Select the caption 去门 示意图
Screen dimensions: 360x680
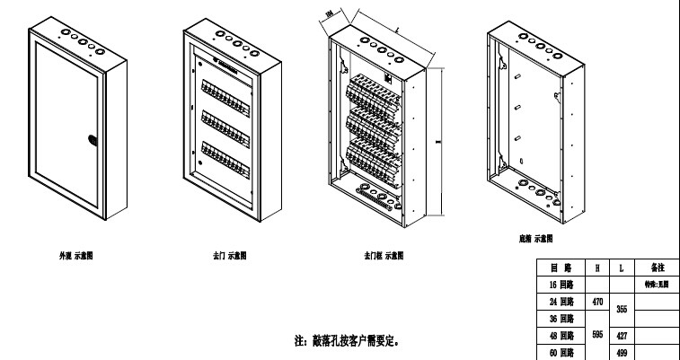230,256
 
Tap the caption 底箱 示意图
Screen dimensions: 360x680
536,239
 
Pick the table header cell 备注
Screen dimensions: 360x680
656,268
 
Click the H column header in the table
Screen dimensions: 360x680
597,268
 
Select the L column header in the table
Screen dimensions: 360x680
623,268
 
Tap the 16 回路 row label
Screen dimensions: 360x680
561,284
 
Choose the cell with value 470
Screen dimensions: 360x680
597,302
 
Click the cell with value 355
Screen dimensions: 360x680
623,310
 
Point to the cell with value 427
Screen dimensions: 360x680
623,336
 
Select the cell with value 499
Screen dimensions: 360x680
623,353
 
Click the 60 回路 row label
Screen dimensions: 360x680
561,353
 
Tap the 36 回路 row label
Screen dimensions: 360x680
561,319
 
